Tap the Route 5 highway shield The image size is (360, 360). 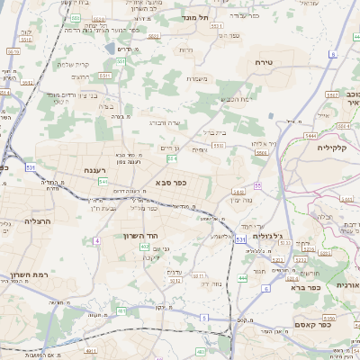point(204,318)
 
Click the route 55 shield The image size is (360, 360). point(257,186)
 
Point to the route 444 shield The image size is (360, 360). point(242,278)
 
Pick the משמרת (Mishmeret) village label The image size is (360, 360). point(198,78)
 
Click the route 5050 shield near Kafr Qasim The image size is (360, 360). point(330,317)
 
